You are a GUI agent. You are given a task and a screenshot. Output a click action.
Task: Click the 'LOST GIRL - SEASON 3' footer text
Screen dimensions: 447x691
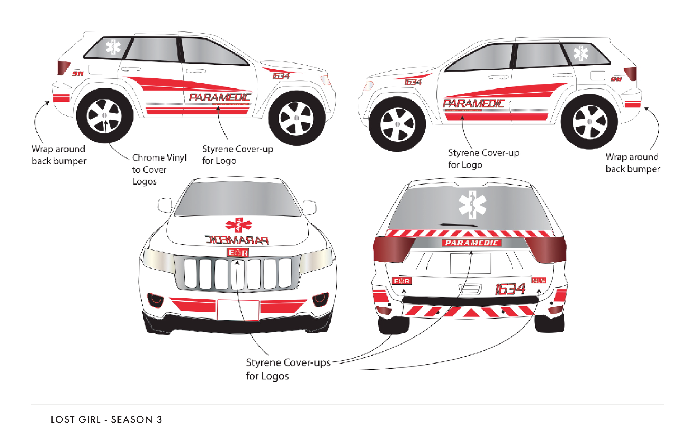[106, 420]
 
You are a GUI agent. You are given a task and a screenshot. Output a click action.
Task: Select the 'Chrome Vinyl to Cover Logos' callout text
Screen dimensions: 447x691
[159, 170]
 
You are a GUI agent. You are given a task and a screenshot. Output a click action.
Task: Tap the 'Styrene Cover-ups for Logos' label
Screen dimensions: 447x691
[288, 369]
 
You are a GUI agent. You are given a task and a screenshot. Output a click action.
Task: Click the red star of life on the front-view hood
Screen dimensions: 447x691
[239, 225]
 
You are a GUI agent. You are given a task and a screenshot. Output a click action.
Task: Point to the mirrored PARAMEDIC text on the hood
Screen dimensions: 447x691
[237, 240]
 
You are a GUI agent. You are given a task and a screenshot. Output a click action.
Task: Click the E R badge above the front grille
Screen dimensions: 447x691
[238, 253]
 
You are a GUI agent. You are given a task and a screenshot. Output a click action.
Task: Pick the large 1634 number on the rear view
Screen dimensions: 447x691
[510, 289]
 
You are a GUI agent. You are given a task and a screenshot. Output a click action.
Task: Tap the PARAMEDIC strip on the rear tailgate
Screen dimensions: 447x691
[472, 243]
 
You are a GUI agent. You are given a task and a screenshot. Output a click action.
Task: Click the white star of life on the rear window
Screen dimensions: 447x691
[472, 205]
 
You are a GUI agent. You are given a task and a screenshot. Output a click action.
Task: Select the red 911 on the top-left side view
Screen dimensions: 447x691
[78, 74]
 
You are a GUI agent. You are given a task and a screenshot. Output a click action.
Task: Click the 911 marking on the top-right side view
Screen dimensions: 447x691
[616, 79]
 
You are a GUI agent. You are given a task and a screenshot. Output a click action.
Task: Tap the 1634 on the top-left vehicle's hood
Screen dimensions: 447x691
[281, 76]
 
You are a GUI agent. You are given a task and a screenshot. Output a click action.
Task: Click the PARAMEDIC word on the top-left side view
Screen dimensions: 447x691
[220, 98]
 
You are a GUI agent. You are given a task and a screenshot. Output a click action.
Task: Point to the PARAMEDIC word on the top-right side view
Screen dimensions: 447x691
[473, 104]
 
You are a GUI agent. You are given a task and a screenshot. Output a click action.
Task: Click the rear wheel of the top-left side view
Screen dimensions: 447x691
[104, 116]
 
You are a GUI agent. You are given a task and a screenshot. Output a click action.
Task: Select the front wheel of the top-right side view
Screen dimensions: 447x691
[397, 124]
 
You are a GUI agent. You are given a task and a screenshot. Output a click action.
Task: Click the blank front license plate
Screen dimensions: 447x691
[238, 310]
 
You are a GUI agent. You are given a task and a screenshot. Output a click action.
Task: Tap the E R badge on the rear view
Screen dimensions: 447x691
[402, 281]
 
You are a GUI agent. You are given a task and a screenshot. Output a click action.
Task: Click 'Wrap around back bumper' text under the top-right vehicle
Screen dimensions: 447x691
[632, 163]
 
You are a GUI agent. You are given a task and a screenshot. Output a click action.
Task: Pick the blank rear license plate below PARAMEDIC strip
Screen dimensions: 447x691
[470, 263]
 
